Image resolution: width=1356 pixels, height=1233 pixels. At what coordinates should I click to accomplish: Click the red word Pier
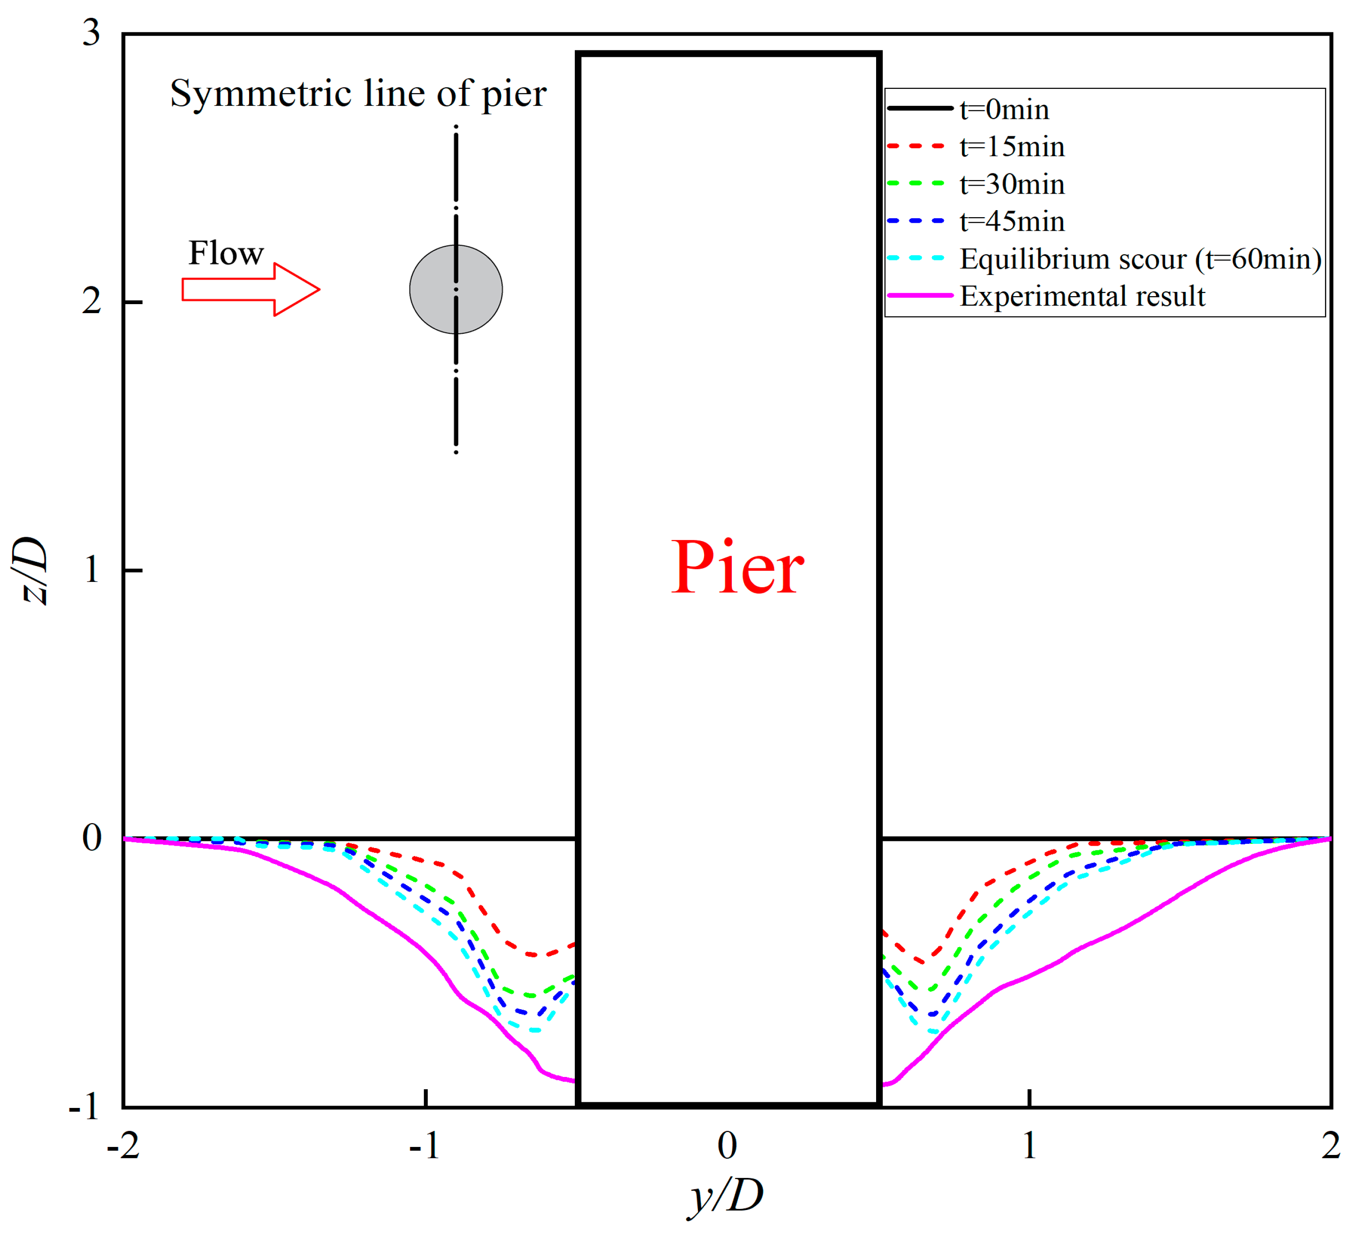point(738,568)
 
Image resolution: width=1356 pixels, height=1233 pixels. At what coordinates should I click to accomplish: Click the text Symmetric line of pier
point(358,94)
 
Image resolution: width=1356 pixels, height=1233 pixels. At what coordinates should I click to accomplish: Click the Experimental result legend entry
point(1082,296)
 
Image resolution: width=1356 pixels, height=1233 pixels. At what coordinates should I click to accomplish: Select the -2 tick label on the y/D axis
point(123,1146)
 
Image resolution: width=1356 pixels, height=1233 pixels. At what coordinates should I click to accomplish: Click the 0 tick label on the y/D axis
point(727,1146)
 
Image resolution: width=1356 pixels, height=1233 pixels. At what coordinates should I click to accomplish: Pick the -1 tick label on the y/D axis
point(424,1146)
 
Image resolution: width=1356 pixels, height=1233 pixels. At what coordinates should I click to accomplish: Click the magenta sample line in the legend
point(919,296)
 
